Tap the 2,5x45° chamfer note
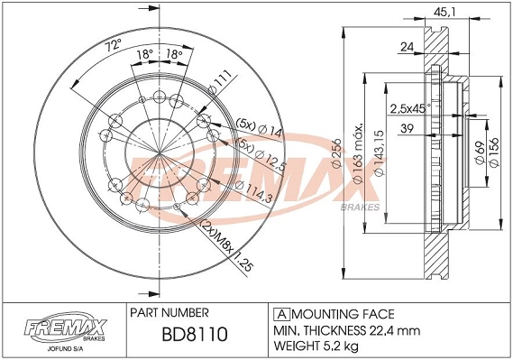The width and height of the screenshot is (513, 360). point(410,109)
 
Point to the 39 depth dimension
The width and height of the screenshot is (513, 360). point(408,130)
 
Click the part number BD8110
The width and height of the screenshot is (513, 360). point(195,336)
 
